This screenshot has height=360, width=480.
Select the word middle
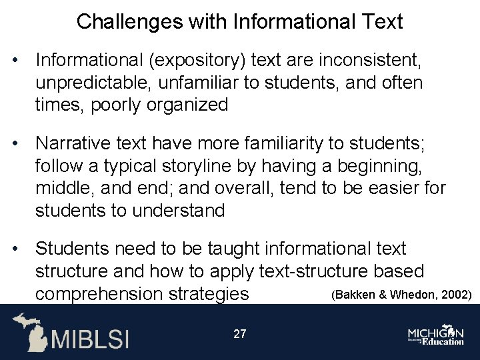(x=66, y=187)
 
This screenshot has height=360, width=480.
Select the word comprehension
(x=99, y=293)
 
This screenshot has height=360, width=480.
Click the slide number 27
(x=239, y=334)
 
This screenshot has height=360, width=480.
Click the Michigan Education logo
(x=436, y=335)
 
